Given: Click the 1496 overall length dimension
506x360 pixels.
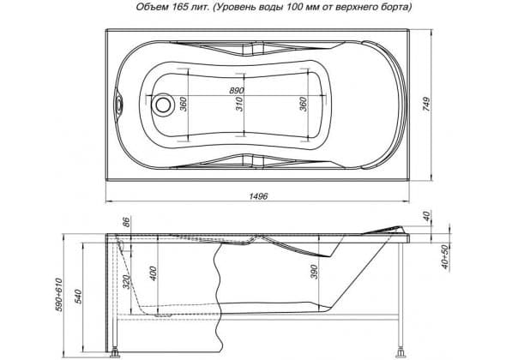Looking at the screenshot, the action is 258,196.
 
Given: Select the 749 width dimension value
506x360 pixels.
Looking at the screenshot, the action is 426,105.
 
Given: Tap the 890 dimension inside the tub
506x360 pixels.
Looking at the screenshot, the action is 237,91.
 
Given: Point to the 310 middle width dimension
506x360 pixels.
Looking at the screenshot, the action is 239,105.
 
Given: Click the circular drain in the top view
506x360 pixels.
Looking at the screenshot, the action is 163,105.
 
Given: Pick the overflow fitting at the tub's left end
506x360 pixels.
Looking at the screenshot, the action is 118,105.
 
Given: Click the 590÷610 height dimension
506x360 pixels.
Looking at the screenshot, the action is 60,295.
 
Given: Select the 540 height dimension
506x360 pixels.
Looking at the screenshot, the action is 78,297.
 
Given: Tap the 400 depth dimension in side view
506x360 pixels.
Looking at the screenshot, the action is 153,273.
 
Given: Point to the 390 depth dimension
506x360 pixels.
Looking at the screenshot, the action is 314,272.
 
